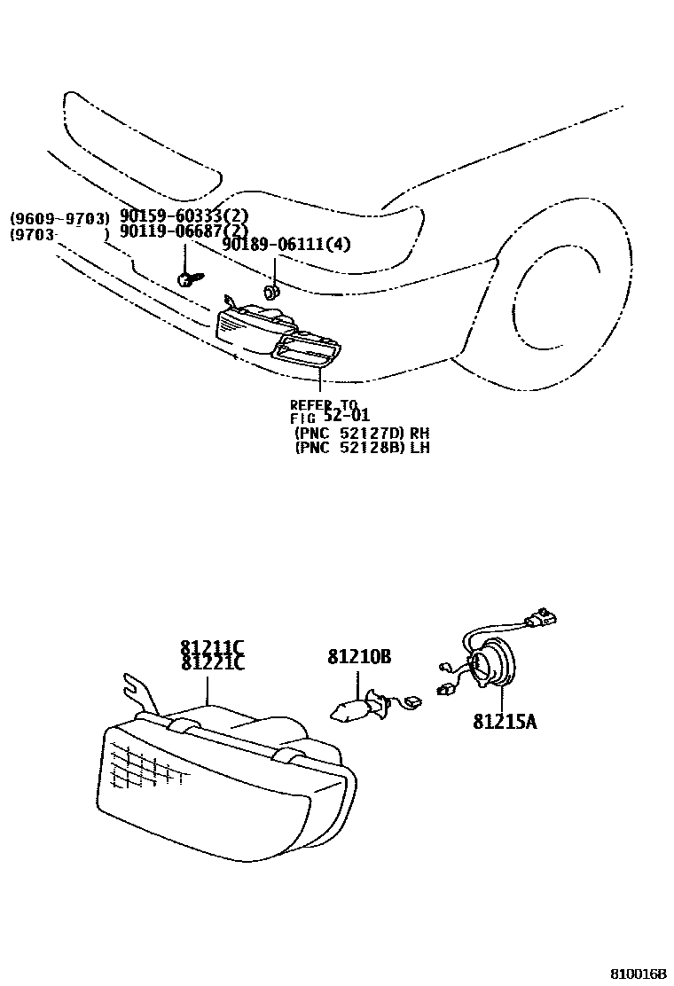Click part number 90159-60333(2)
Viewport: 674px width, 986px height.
click(184, 217)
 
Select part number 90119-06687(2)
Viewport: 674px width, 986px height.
click(184, 231)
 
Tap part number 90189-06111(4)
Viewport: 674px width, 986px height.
click(286, 244)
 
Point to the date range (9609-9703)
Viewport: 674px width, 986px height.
click(59, 218)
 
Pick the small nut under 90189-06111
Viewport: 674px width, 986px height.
click(271, 291)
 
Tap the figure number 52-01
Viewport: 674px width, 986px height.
click(347, 415)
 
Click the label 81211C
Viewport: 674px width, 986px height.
click(213, 647)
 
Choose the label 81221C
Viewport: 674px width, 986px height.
click(213, 662)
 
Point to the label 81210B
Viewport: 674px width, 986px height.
click(359, 656)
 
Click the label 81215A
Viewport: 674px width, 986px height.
click(505, 722)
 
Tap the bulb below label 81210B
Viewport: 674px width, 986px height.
click(350, 708)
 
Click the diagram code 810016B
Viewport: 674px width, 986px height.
click(639, 974)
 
